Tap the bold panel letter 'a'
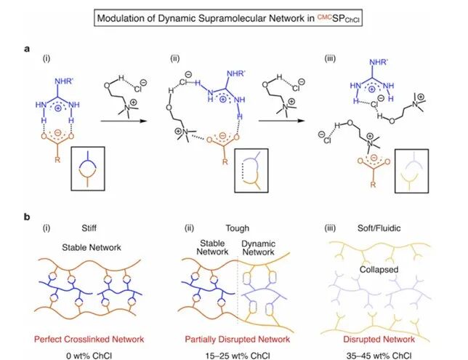click(x=27, y=48)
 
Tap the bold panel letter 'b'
click(x=27, y=217)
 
